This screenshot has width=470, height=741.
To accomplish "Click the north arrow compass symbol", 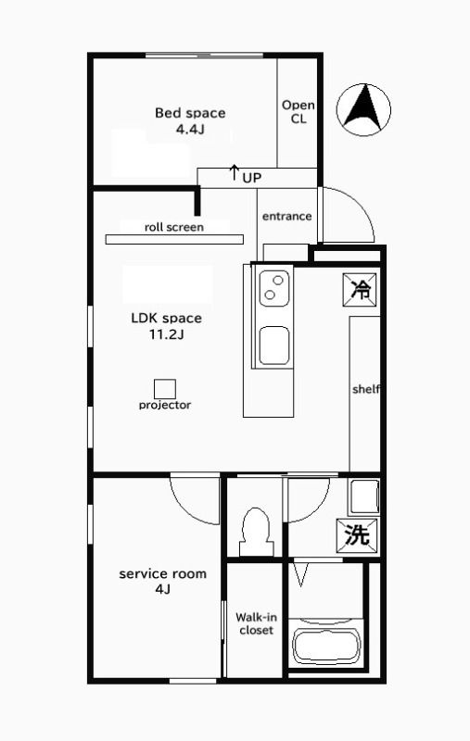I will [x=363, y=107].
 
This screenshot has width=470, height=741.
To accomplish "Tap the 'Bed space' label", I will [x=189, y=113].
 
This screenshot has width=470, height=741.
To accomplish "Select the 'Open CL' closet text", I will [x=298, y=112].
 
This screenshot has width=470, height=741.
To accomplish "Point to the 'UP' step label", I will [x=250, y=176].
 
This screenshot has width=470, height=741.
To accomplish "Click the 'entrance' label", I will [x=286, y=216].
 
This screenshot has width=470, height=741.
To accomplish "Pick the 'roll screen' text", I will [x=173, y=226].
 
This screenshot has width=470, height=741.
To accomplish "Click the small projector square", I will [x=165, y=388].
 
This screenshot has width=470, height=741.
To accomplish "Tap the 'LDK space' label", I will [x=166, y=318].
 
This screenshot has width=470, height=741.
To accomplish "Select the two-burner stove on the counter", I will [x=273, y=288].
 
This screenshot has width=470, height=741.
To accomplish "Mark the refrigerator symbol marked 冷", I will [x=360, y=289].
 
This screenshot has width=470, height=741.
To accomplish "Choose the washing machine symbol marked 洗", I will [x=357, y=534].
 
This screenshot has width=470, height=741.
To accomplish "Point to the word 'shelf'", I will [x=365, y=389].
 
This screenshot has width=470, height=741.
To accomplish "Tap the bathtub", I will [x=325, y=644].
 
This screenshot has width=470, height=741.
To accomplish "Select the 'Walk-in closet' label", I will [x=255, y=622].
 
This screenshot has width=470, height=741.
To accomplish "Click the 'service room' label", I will [x=162, y=573].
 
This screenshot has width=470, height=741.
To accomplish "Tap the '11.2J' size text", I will [x=166, y=334].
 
